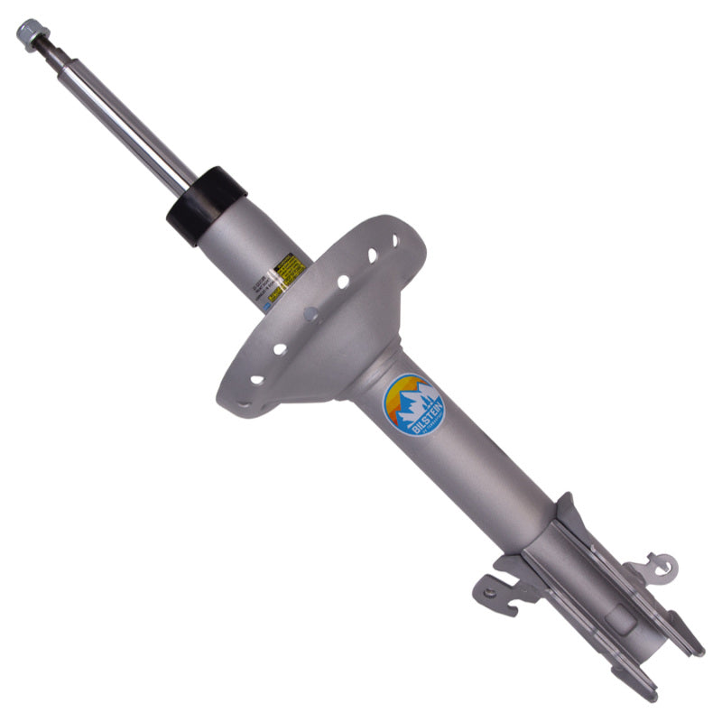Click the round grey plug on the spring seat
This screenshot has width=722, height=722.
point(312,315)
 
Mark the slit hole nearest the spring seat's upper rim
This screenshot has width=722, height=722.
point(393,241)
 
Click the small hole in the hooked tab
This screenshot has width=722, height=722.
point(489,593)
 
